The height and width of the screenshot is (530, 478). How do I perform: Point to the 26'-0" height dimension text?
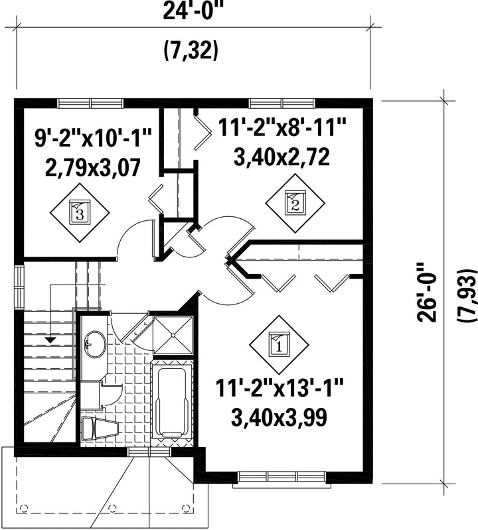coord(427,292)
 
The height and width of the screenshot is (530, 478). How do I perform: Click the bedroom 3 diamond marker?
coord(80,213)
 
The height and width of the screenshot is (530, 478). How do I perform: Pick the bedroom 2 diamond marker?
coord(295,203)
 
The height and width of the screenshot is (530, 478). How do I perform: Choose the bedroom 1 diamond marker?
coord(279,345)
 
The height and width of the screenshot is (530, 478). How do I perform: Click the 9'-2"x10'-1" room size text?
coord(92,138)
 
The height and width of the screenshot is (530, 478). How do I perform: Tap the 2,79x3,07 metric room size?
coord(92,168)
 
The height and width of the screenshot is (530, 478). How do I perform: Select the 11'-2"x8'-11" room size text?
coord(281,128)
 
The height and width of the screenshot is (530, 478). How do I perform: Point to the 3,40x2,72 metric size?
coord(281,157)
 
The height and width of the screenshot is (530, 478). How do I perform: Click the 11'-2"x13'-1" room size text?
coord(279,387)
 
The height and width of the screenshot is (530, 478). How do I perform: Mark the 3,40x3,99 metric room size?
coord(279,417)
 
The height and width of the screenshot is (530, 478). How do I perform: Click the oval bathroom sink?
coord(95,344)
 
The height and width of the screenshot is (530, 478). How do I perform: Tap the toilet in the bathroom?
coord(100,429)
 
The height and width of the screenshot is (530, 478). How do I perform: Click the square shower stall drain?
coord(173,335)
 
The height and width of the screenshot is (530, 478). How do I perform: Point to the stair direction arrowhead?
coord(50,340)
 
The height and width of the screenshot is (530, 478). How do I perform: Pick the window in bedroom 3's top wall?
coord(91,103)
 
